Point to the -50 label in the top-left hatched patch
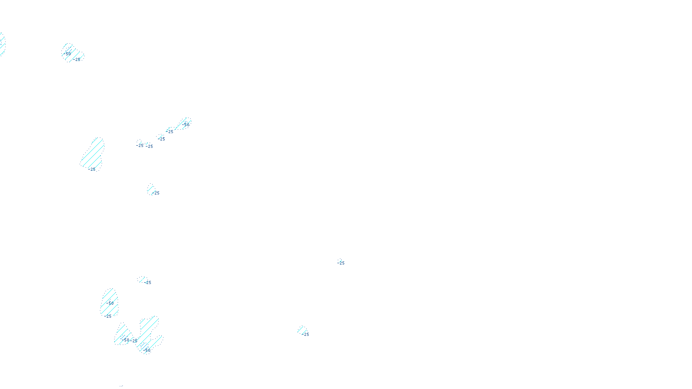[68, 54]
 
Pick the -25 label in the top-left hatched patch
[77, 60]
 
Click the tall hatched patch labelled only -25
[93, 153]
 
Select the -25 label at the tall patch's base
[92, 169]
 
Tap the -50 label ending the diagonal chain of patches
[186, 125]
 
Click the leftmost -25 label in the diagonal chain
[140, 146]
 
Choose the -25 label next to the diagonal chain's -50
[170, 131]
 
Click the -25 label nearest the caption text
[306, 334]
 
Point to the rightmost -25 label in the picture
[341, 263]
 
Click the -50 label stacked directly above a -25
[111, 303]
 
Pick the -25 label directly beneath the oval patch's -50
[108, 316]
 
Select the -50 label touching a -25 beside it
[126, 340]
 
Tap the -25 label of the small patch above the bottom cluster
[148, 283]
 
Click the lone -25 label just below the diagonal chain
[156, 193]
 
